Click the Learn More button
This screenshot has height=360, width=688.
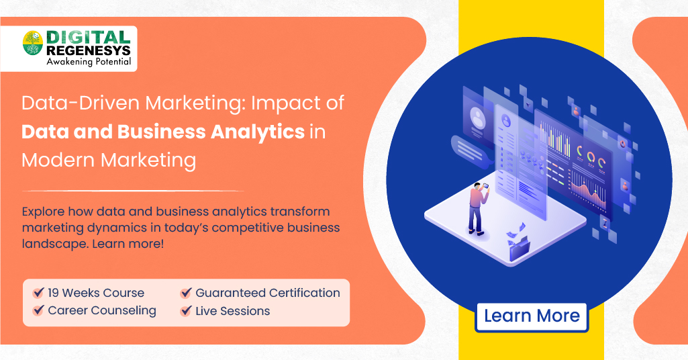532,316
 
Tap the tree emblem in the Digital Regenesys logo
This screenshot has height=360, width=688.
32,43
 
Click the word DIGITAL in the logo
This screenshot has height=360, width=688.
87,38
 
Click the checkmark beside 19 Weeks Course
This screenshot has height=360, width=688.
38,293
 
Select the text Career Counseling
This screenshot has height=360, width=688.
102,311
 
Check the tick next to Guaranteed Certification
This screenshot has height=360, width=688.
186,293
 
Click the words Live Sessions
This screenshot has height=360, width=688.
232,311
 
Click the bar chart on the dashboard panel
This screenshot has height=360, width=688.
556,140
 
